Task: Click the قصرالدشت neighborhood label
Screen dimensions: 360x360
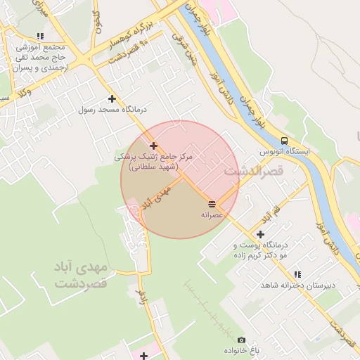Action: tap(253, 171)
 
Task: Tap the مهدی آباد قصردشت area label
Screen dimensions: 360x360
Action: tap(79, 275)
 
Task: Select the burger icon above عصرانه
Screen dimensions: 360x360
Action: tap(212, 204)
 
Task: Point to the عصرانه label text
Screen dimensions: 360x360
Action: tap(212, 214)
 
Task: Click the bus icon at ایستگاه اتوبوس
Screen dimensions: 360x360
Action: tap(284, 141)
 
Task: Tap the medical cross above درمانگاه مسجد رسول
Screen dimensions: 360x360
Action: tap(111, 99)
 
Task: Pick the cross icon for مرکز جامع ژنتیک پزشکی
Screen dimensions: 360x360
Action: tap(153, 146)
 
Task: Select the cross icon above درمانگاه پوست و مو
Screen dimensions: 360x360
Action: tap(260, 234)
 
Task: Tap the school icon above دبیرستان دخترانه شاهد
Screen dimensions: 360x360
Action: tap(297, 274)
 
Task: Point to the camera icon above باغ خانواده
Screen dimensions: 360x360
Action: tap(242, 340)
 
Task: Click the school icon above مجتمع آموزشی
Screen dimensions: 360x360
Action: tap(40, 36)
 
